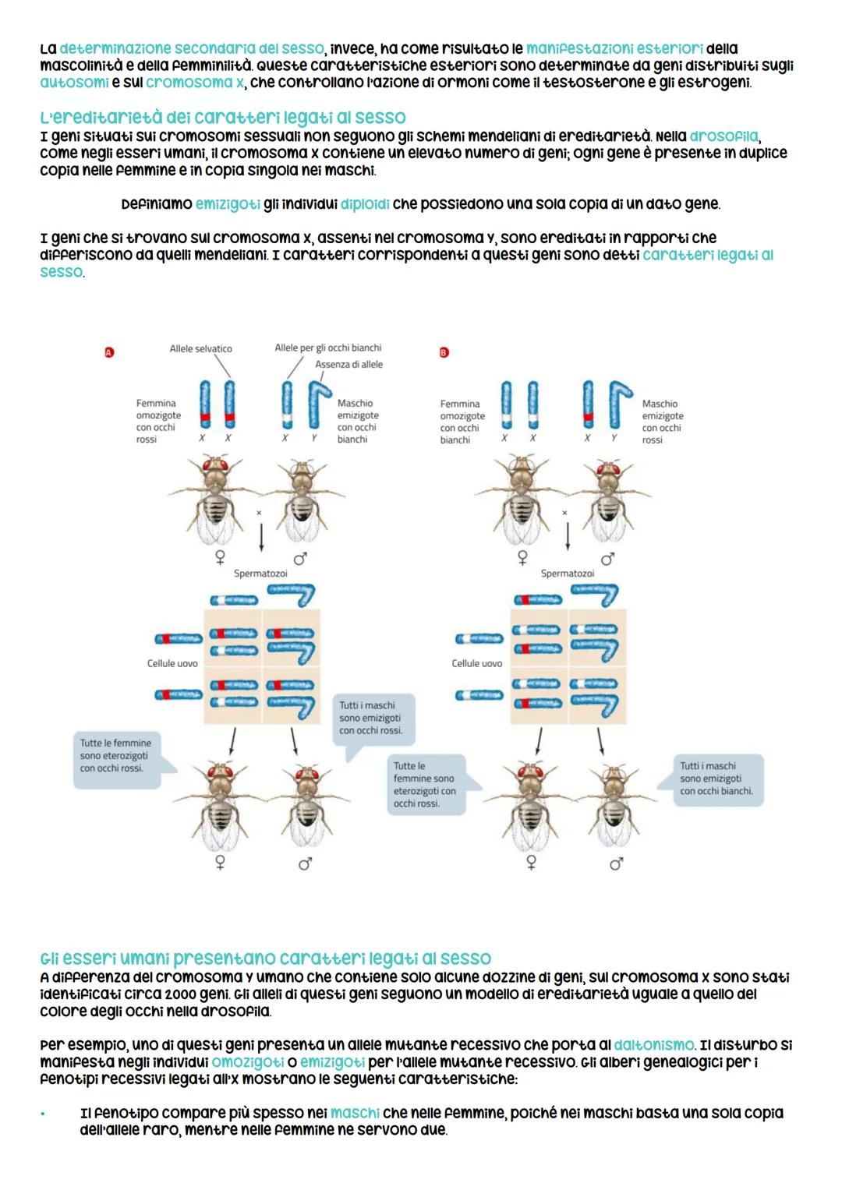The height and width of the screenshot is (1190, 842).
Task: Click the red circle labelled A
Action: tap(109, 352)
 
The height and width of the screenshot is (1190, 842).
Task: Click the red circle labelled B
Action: tap(444, 352)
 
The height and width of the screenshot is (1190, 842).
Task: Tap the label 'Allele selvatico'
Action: tap(200, 348)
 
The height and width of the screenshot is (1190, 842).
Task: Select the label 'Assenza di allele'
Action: tap(348, 364)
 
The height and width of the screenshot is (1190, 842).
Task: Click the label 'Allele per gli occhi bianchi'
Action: tap(327, 348)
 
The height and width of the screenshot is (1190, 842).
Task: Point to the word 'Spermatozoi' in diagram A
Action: tap(260, 573)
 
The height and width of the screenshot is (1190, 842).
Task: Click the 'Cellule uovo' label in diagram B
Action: tap(476, 663)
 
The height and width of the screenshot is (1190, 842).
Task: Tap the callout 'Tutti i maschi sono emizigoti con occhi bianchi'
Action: tap(716, 778)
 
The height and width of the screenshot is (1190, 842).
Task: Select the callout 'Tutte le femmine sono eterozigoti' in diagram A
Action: tap(115, 755)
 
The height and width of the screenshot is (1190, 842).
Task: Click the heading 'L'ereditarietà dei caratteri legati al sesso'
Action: tap(223, 117)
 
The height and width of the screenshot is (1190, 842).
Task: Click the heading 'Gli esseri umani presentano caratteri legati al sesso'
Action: tap(265, 958)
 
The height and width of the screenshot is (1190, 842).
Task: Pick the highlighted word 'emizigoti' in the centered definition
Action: tap(228, 204)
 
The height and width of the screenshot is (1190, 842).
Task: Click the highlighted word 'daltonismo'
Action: tap(654, 1044)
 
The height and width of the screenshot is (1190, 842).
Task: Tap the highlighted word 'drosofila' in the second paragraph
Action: tap(723, 136)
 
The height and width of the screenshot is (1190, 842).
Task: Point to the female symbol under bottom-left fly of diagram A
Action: tap(221, 863)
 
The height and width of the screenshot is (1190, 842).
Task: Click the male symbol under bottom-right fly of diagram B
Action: tap(616, 863)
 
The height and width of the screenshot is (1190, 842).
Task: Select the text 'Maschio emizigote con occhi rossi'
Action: tap(662, 422)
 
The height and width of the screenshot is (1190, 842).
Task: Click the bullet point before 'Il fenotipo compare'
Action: tap(44, 1113)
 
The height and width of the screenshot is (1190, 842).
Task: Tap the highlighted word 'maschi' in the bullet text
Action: tap(355, 1113)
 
